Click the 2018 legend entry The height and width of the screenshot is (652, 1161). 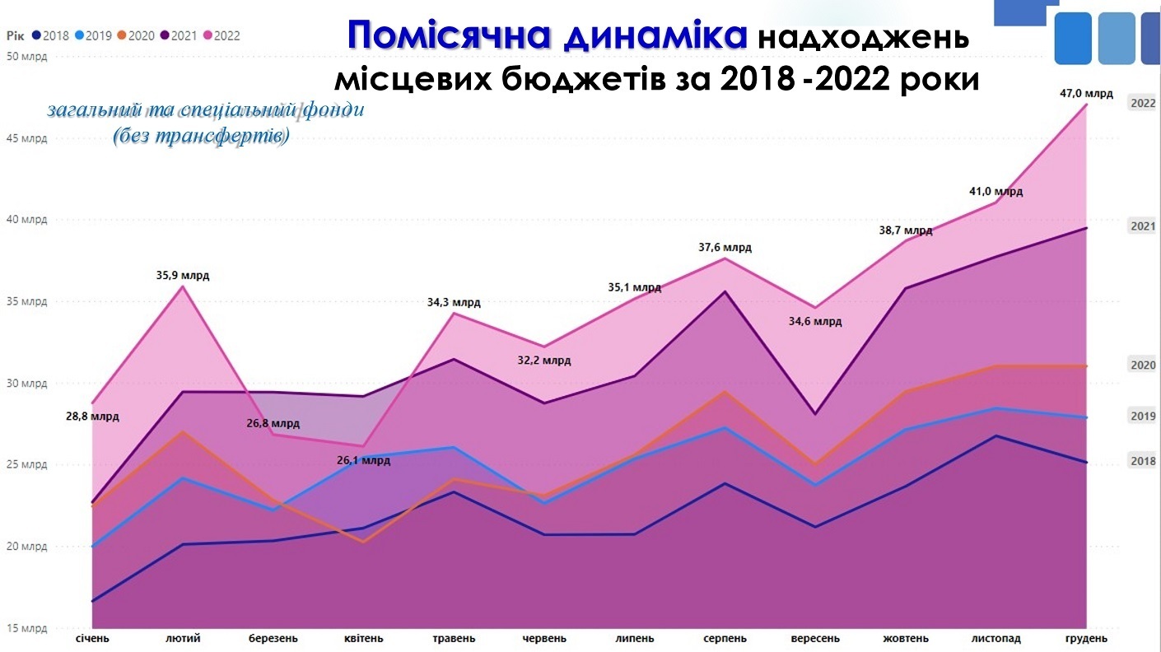(52, 35)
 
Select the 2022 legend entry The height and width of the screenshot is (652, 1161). (221, 35)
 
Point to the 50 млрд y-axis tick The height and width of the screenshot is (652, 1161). (27, 57)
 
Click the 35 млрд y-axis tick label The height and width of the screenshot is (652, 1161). (27, 301)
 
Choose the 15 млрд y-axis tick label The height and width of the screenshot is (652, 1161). (27, 628)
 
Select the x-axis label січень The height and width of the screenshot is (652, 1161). (92, 638)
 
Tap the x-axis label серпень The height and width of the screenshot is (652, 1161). (725, 638)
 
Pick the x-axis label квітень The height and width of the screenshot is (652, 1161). (363, 638)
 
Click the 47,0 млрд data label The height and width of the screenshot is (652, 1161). (1086, 93)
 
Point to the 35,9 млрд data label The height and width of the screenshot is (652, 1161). (183, 275)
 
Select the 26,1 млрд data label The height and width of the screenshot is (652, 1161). (363, 460)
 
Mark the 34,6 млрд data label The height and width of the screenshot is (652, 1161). (815, 321)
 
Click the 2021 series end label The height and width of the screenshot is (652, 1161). (1143, 226)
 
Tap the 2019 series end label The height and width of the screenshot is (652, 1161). (1143, 417)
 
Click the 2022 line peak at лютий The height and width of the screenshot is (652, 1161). (182, 286)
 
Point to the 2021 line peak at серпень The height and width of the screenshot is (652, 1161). (725, 291)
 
